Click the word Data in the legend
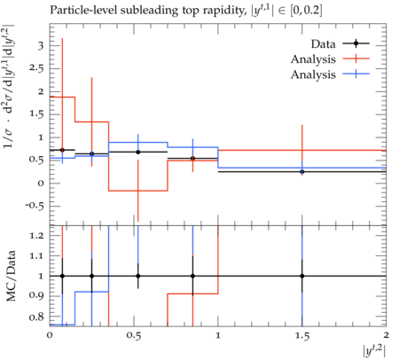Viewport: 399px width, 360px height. (x=323, y=44)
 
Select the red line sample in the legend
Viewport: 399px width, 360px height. (x=356, y=59)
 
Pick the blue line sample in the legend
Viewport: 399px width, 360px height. (x=356, y=74)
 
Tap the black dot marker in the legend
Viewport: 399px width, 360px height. (x=356, y=43)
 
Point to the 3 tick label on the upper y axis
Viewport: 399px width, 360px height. (x=41, y=46)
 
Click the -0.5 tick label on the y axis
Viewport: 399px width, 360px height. (x=35, y=206)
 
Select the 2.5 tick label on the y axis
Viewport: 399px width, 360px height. (x=36, y=68)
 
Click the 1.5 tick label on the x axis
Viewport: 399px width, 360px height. (x=302, y=335)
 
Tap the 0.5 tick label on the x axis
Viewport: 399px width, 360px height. (x=134, y=335)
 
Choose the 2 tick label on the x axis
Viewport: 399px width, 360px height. (x=386, y=335)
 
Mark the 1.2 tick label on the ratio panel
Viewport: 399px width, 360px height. (x=36, y=236)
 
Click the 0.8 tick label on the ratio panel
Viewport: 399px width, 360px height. (x=36, y=317)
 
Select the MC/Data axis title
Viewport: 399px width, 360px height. (x=11, y=276)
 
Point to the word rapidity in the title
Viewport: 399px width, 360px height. (x=220, y=11)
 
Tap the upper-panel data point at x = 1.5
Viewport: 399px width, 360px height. (x=302, y=172)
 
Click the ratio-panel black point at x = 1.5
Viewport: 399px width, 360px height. (x=302, y=276)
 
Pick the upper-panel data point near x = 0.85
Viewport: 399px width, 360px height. (x=192, y=159)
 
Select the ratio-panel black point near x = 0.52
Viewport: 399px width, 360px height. (x=138, y=276)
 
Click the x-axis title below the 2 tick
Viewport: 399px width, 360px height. (x=374, y=351)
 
